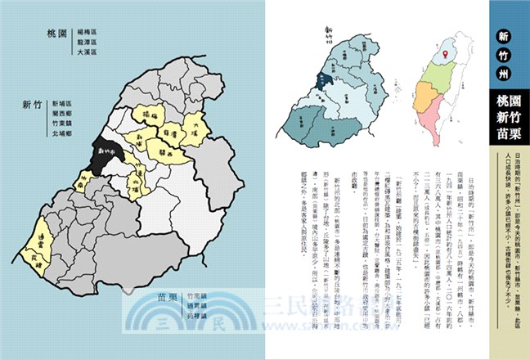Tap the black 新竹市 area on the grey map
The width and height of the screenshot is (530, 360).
tap(108, 152)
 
